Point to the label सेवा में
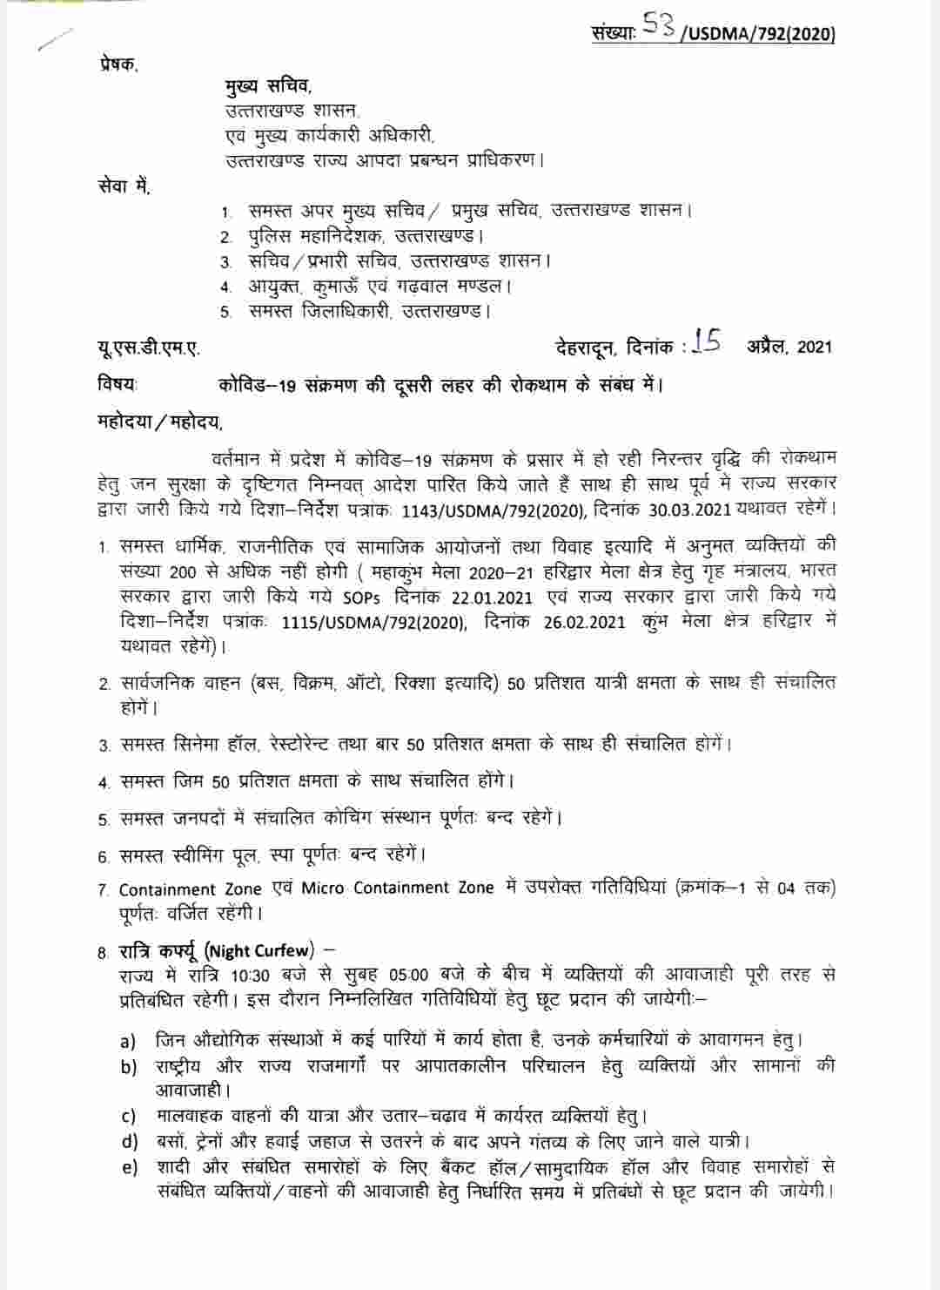click(x=124, y=186)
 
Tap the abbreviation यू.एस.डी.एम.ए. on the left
click(x=148, y=348)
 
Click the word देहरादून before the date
click(x=586, y=348)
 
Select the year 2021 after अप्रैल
click(x=814, y=348)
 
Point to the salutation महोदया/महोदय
click(x=159, y=423)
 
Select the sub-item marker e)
click(x=129, y=1167)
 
